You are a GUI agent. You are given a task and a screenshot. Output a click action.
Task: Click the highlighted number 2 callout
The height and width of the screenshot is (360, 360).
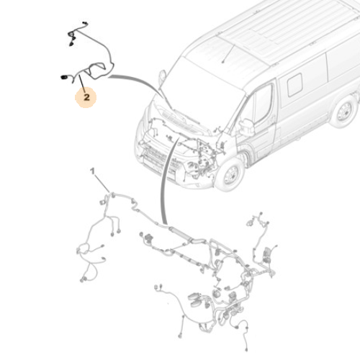coord(86,97)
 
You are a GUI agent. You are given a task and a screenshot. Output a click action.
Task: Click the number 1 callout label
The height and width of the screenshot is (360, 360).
coord(92,171)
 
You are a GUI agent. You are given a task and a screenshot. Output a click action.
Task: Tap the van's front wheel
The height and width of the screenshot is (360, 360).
coord(230,175)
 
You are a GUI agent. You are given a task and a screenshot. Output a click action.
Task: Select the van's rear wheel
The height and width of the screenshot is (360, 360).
coord(345,112)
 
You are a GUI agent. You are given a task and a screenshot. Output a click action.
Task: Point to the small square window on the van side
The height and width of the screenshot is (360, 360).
coord(295,85)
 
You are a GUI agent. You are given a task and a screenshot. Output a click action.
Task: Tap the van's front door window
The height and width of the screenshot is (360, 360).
coord(263,103)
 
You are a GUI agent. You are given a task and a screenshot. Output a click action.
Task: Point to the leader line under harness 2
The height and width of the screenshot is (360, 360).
coord(82,84)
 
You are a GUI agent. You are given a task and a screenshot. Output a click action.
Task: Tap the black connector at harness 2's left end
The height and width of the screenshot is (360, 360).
coord(63,77)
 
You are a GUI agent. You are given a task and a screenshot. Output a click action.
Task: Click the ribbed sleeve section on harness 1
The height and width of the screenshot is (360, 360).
coord(179,232)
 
